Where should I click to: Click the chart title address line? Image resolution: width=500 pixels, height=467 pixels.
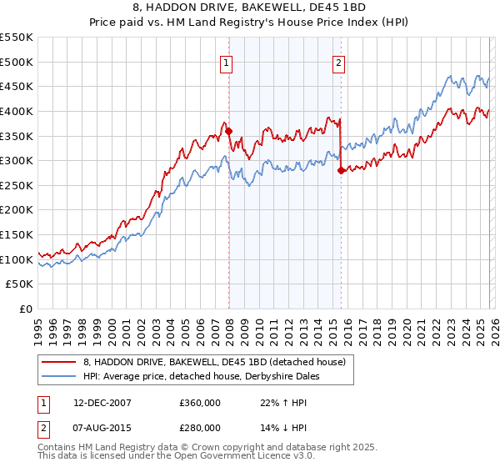251,8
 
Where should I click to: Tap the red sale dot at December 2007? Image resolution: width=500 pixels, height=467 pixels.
228,131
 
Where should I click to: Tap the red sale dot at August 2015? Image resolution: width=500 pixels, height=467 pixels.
341,171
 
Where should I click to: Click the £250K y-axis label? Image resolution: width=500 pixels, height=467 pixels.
17,185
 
